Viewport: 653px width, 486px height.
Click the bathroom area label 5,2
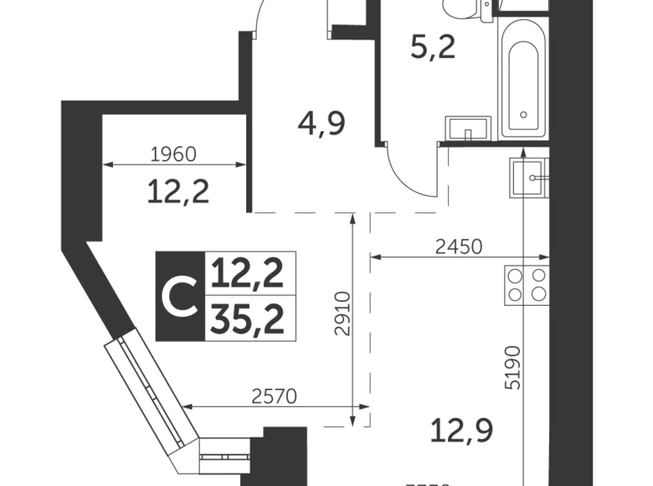click(432, 48)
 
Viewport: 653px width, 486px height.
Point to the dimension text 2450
click(459, 247)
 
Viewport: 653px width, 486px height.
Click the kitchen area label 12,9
click(462, 432)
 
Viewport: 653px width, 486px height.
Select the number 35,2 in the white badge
click(248, 319)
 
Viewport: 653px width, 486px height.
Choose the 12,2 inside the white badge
click(248, 272)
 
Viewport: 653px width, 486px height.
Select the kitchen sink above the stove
click(529, 176)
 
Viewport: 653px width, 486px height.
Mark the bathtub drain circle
click(524, 115)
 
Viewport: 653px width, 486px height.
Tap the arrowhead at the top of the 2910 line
click(351, 215)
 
